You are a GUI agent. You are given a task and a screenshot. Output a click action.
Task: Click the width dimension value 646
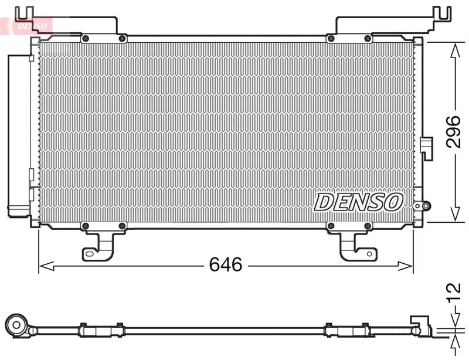(226, 265)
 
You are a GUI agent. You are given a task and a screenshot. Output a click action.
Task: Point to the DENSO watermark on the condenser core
(359, 202)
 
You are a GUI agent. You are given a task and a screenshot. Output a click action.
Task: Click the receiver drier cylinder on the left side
(18, 135)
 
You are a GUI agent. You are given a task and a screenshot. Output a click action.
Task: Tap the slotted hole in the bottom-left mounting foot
(91, 253)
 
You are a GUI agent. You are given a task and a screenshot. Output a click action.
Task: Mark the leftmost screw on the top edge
(86, 39)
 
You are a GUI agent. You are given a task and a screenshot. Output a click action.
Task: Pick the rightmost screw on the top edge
(368, 39)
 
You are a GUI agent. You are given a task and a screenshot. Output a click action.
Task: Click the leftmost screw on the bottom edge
(86, 226)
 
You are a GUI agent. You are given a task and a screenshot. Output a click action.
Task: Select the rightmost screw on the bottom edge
(368, 226)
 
